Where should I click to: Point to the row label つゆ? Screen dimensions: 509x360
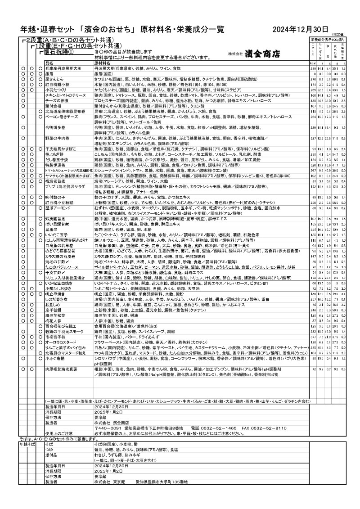click(49, 450)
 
